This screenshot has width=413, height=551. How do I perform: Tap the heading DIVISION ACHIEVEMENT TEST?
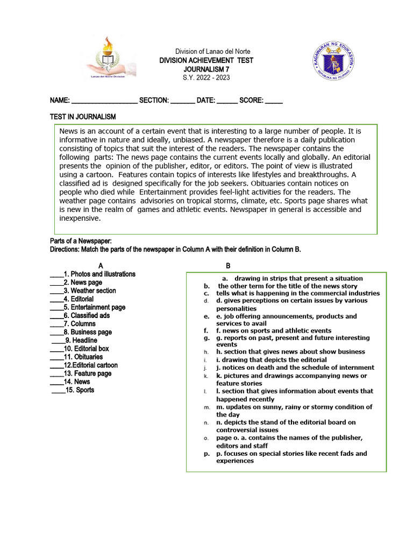coord(206,60)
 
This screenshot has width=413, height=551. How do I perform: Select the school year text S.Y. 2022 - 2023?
coord(206,78)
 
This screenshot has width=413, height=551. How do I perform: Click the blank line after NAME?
coord(104,101)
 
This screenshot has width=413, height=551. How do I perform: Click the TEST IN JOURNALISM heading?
coord(83,117)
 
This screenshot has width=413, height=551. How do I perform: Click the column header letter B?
coord(228,266)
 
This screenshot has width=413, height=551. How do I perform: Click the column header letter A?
coord(101,266)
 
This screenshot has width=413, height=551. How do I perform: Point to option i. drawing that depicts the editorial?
coord(271,359)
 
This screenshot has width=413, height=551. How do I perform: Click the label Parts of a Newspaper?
coord(81,241)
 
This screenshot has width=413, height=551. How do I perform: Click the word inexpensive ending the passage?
coord(80,218)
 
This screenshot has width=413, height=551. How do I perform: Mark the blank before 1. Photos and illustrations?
coord(56,274)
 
